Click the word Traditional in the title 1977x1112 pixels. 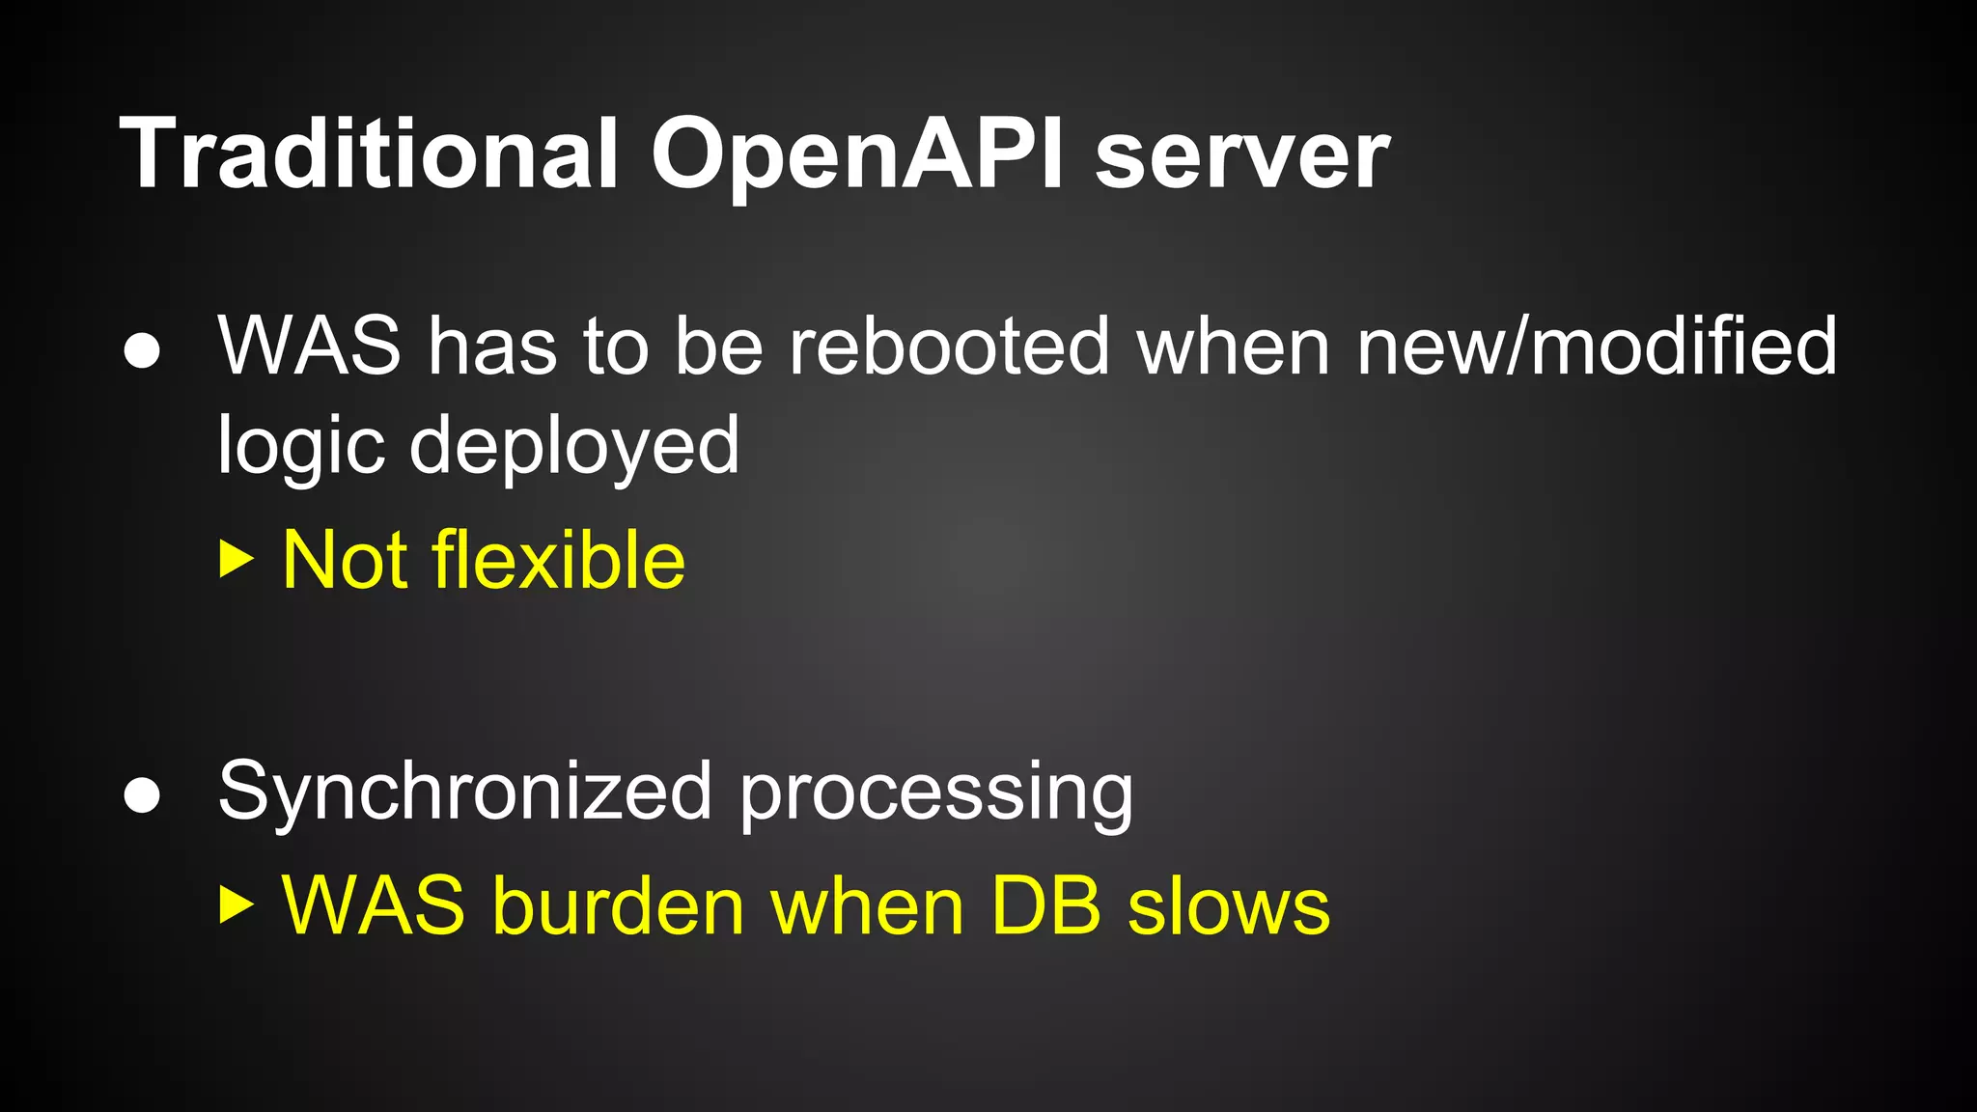click(x=368, y=154)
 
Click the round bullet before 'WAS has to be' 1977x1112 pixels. click(x=142, y=350)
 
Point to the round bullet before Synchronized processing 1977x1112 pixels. click(x=142, y=795)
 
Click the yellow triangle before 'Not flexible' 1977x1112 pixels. click(x=236, y=559)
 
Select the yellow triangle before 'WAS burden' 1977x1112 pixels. click(x=236, y=905)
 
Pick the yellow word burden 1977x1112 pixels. click(x=618, y=906)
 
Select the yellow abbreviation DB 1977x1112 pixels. click(x=1045, y=906)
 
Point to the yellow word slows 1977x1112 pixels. click(x=1229, y=906)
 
